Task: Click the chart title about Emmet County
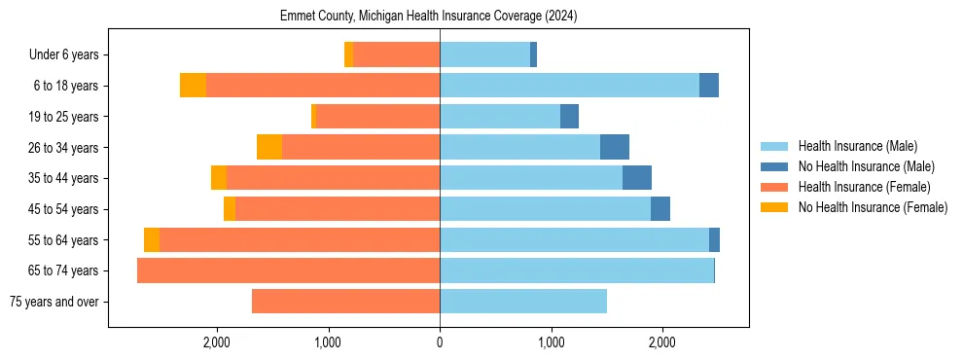pyautogui.click(x=429, y=17)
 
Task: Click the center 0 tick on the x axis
pyautogui.click(x=440, y=342)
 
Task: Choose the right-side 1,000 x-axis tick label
pyautogui.click(x=551, y=342)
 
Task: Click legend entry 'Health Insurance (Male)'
pyautogui.click(x=857, y=146)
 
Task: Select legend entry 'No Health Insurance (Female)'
pyautogui.click(x=873, y=207)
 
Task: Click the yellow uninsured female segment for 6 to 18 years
pyautogui.click(x=193, y=86)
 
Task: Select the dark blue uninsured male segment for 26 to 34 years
pyautogui.click(x=615, y=147)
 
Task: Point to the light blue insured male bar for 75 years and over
pyautogui.click(x=523, y=302)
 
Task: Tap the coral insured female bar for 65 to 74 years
pyautogui.click(x=288, y=270)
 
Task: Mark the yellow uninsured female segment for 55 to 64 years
pyautogui.click(x=152, y=240)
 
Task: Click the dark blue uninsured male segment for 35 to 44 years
pyautogui.click(x=637, y=178)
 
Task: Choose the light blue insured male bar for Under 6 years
pyautogui.click(x=484, y=55)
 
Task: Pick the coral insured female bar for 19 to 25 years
pyautogui.click(x=377, y=117)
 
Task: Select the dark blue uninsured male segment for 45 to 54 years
pyautogui.click(x=660, y=209)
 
